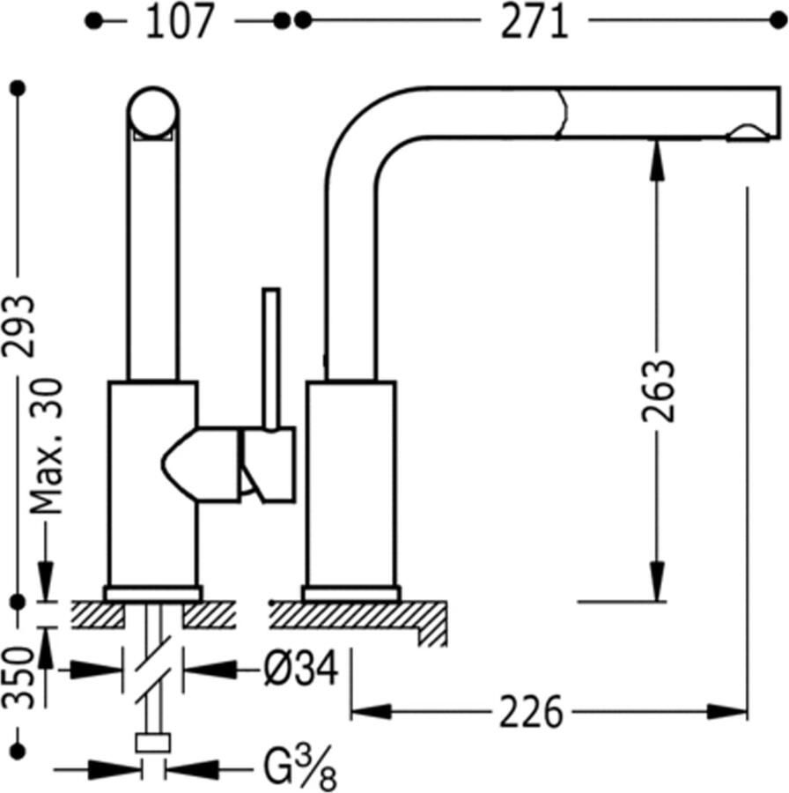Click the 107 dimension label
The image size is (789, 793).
tap(180, 21)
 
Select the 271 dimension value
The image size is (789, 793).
tap(535, 21)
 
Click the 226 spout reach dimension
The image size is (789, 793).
tap(530, 712)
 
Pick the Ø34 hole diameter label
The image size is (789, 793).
tap(300, 671)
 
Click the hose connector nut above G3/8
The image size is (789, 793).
tap(153, 744)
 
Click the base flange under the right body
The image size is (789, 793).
tap(351, 593)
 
